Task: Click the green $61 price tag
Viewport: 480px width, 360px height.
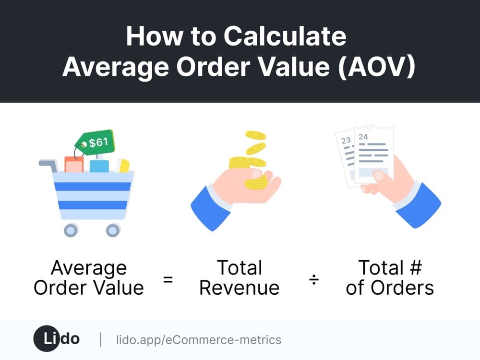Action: pos(95,143)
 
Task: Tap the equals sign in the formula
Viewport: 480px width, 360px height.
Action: pos(168,279)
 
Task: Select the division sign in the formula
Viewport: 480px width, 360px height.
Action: pos(314,279)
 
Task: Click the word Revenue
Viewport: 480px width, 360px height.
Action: pos(240,288)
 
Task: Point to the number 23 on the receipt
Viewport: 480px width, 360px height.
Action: pos(346,141)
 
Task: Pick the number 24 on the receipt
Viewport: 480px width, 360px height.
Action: pos(363,137)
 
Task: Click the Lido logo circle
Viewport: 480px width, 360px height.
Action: pos(47,338)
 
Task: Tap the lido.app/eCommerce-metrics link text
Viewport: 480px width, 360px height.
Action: pos(199,340)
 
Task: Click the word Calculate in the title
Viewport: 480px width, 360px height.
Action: pos(285,36)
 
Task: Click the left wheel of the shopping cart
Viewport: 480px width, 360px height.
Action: pos(71,230)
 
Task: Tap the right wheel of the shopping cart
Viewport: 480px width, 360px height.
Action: pos(113,230)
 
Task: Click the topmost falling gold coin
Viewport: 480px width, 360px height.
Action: pos(256,135)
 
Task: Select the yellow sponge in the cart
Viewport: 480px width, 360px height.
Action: pos(124,166)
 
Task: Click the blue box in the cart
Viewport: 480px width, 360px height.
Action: pos(99,166)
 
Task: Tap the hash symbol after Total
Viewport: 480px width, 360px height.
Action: pos(416,267)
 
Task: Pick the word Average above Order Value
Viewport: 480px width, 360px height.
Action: pos(89,268)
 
